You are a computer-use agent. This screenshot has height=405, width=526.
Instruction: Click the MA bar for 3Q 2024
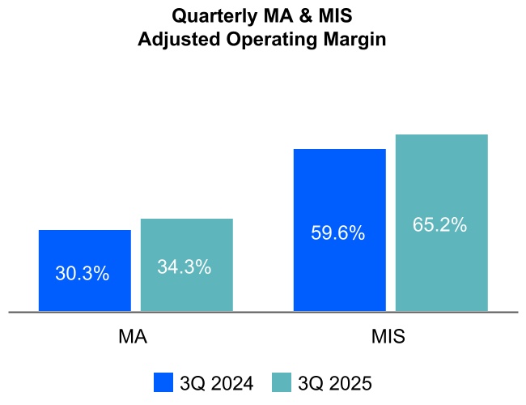[85, 251]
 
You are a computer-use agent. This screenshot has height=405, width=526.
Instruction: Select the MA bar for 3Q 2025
[187, 243]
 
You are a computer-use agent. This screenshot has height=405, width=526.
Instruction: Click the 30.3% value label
[82, 274]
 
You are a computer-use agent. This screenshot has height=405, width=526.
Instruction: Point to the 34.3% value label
[185, 266]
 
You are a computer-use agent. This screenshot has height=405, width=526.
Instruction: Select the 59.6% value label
[337, 233]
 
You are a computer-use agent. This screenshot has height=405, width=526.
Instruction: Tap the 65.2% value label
[439, 225]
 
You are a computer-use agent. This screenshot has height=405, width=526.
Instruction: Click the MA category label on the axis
[133, 336]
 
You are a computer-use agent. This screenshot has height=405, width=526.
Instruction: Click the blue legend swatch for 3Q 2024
[163, 382]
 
